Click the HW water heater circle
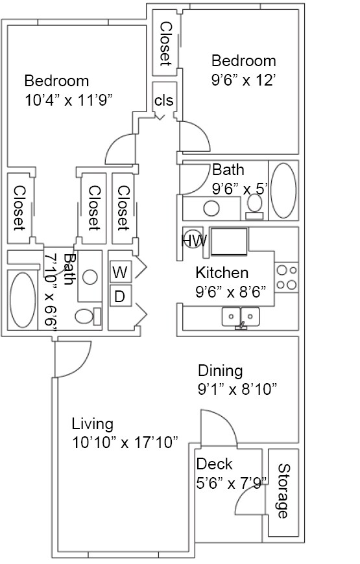tap(193, 239)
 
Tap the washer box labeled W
tap(119, 272)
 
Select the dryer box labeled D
tap(119, 296)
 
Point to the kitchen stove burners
tap(286, 277)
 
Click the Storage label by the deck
tap(283, 491)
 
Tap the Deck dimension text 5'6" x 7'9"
tap(231, 484)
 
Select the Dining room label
tap(220, 371)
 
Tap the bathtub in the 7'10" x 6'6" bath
tap(23, 300)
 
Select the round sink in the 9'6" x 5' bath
tap(211, 208)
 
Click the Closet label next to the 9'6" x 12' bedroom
tap(165, 44)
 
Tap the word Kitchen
tap(222, 273)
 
